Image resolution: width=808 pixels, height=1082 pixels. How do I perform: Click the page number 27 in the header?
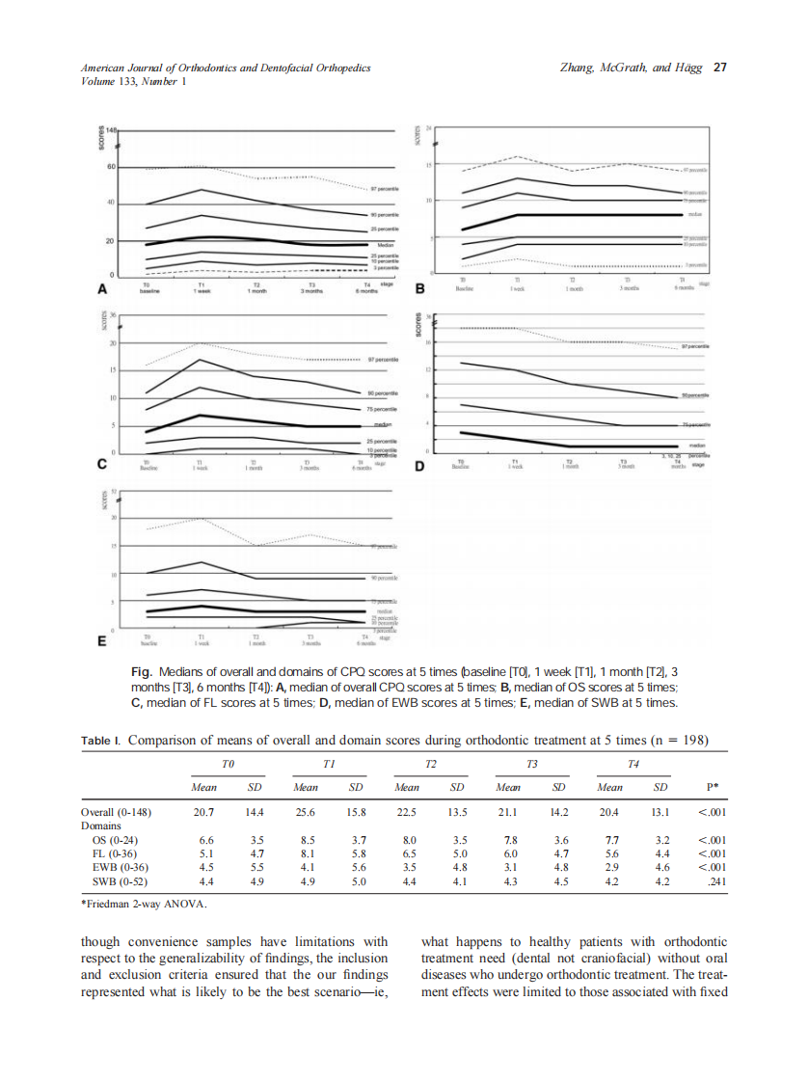(719, 68)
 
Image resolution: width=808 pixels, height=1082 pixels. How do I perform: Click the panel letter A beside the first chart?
(101, 287)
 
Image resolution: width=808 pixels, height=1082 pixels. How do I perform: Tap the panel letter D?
(419, 467)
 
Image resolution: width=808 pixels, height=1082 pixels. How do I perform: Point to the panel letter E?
(101, 640)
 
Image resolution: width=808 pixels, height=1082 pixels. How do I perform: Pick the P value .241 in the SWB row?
(711, 881)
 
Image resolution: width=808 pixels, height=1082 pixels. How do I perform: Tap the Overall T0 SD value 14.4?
(256, 812)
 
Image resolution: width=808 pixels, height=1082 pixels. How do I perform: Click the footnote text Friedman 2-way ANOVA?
(145, 905)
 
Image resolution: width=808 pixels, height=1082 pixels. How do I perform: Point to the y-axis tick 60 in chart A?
(111, 167)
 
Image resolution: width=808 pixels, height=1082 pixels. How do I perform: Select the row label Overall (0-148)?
(116, 812)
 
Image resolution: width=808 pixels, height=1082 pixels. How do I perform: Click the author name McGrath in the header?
(631, 68)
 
